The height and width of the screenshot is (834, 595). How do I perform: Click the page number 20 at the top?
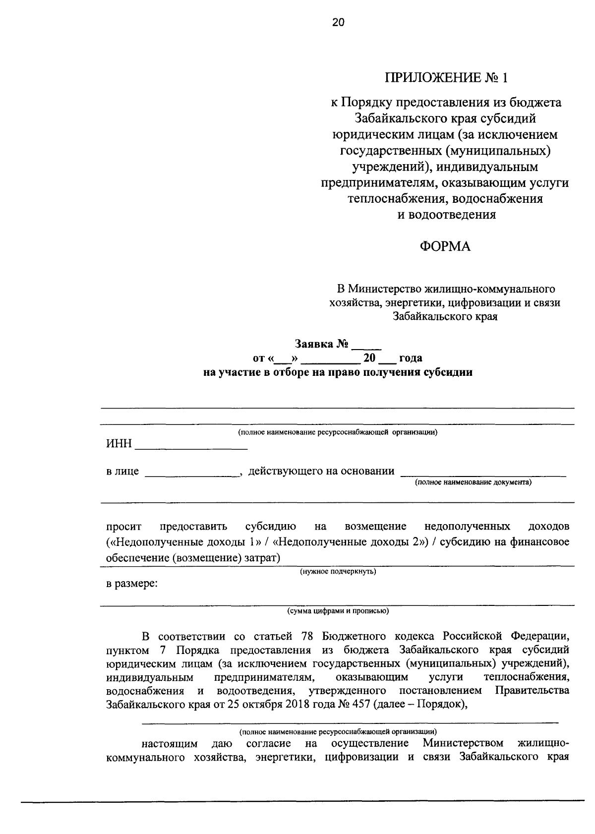[x=338, y=22]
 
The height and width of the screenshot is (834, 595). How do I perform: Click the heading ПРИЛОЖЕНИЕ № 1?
[x=447, y=77]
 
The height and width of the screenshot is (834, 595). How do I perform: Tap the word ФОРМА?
[x=445, y=246]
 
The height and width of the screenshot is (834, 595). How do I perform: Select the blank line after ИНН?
[x=191, y=445]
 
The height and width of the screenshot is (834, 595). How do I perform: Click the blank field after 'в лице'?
[x=192, y=473]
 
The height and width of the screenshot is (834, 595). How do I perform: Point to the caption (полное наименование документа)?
[x=473, y=482]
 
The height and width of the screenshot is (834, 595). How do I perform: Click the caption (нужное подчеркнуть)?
[x=338, y=572]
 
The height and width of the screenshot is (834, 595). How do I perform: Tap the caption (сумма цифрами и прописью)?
[x=338, y=611]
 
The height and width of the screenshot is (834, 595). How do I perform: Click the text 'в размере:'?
[x=132, y=584]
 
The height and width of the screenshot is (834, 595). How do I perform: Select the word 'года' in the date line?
[x=410, y=358]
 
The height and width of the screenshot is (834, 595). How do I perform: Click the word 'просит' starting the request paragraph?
[x=123, y=526]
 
